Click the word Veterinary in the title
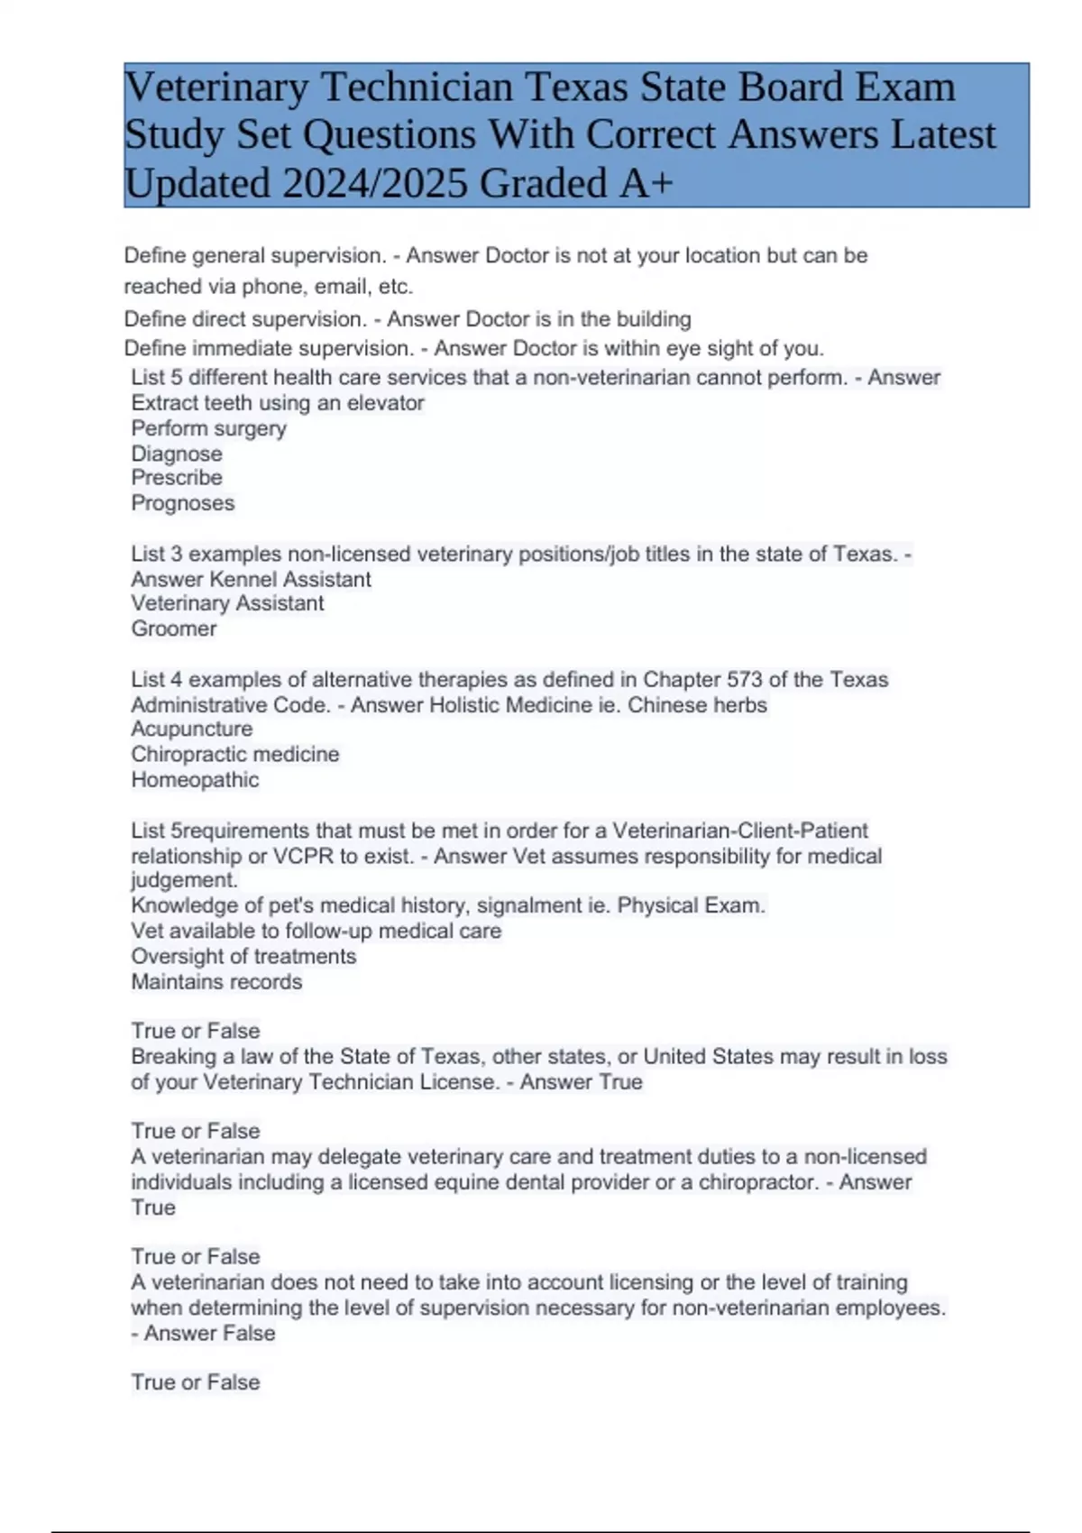(216, 87)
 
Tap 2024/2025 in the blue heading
(375, 184)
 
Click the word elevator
(386, 403)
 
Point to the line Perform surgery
(209, 428)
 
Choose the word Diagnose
(177, 454)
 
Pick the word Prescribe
(177, 478)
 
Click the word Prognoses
(183, 503)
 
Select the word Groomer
(174, 629)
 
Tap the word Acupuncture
(192, 729)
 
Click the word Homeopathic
(195, 780)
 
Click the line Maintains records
(216, 982)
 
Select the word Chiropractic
(185, 754)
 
